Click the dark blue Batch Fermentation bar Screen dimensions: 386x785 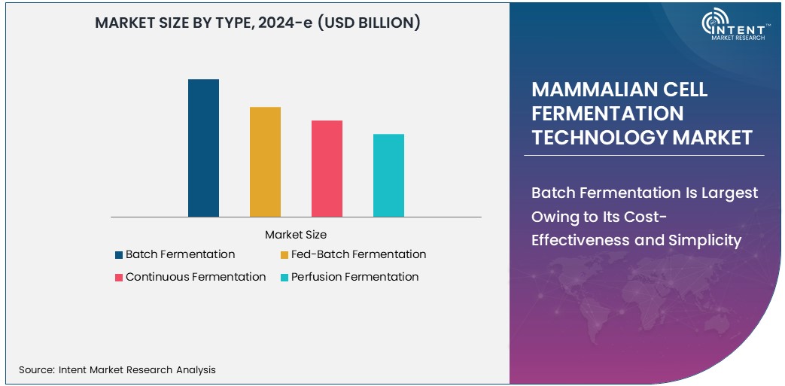203,148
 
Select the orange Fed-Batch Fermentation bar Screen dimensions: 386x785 265,162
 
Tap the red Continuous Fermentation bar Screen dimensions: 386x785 327,169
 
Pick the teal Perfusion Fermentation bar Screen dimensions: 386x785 388,175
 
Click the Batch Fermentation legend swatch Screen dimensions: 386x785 119,255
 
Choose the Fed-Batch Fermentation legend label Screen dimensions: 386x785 358,254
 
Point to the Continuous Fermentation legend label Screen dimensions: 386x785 196,277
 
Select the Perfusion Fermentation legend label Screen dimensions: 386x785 354,277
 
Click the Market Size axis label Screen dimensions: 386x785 296,235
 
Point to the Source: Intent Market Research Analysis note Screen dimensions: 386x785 117,369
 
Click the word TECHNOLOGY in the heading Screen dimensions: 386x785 599,137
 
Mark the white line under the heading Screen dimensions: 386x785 644,155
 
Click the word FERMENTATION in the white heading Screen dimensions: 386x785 607,113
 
